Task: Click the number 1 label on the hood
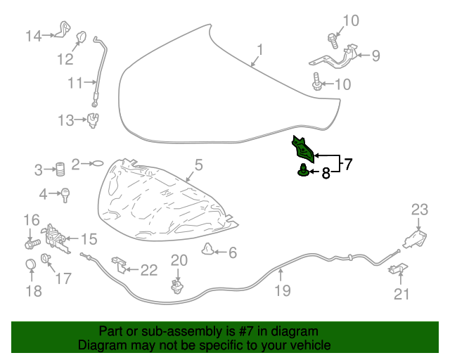point(259,50)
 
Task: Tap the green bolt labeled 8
point(303,170)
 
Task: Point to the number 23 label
point(419,209)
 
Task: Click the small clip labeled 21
point(398,270)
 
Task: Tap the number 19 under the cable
point(282,290)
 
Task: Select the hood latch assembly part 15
point(56,236)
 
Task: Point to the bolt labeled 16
point(31,244)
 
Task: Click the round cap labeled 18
point(30,265)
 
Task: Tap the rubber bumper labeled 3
point(60,169)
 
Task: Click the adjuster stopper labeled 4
point(66,195)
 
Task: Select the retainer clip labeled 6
point(208,248)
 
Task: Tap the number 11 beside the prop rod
point(76,83)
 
